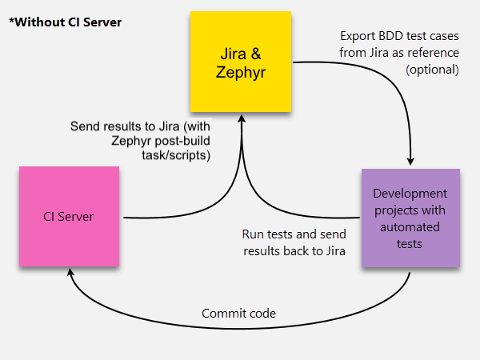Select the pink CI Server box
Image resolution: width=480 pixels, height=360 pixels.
coord(69,216)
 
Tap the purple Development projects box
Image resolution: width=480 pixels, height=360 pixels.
coord(410,218)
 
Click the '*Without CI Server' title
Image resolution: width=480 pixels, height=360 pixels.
coord(65,22)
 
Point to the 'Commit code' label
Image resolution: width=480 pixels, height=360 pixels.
coord(238,313)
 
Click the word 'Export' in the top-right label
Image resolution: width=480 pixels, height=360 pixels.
coord(357,37)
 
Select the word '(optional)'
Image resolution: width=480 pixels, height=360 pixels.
coord(432,69)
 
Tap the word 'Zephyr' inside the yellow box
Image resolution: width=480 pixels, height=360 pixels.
coord(241,72)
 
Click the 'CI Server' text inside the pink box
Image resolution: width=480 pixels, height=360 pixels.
coord(69,216)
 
